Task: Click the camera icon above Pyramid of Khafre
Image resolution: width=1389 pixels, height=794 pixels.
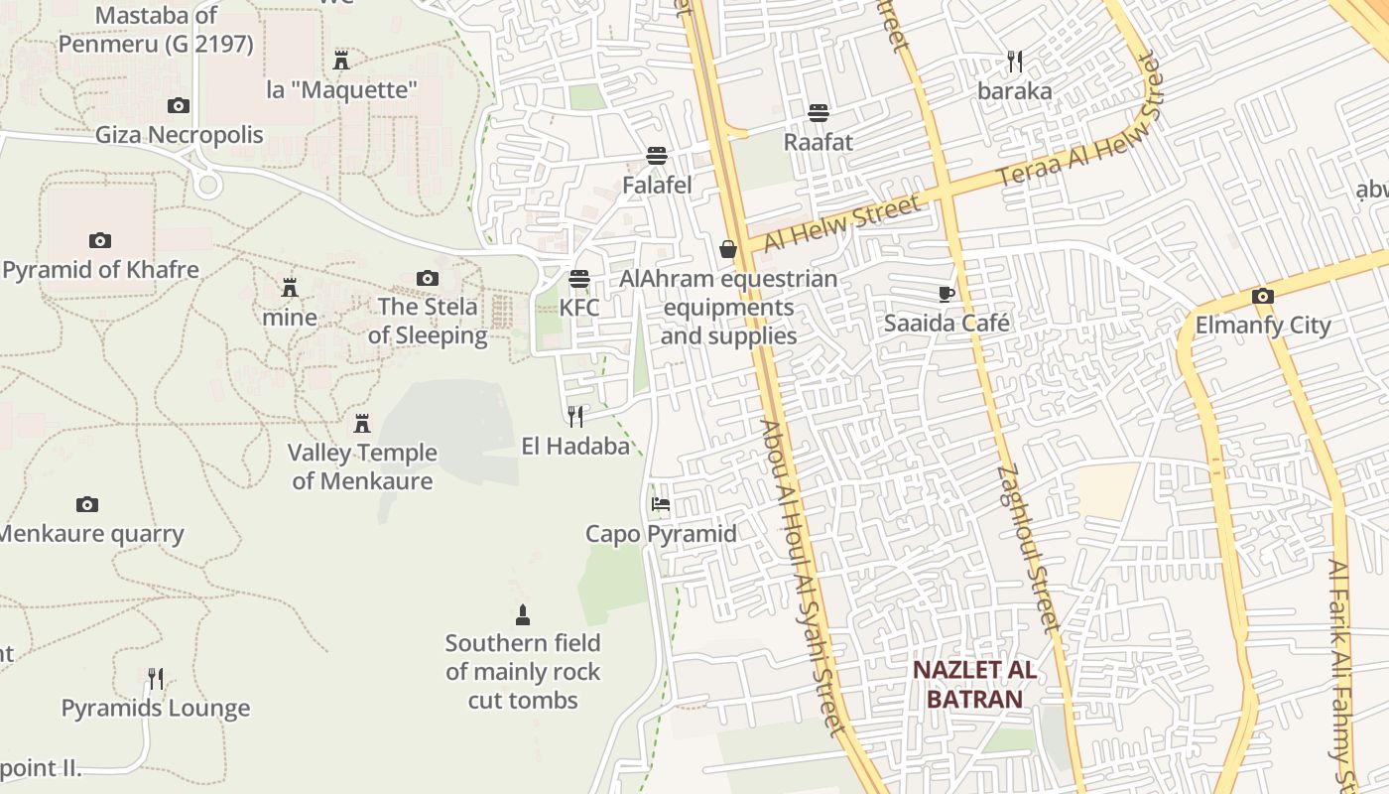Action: pyautogui.click(x=99, y=240)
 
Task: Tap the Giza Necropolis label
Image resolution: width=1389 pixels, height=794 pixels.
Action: pyautogui.click(x=180, y=134)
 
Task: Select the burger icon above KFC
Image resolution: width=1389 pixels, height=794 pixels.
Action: pyautogui.click(x=579, y=279)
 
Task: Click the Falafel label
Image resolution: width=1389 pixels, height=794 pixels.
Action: pyautogui.click(x=657, y=185)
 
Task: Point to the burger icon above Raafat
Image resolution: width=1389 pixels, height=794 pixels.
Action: pyautogui.click(x=819, y=113)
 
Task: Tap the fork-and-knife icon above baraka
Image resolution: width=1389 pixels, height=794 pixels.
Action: pyautogui.click(x=1014, y=62)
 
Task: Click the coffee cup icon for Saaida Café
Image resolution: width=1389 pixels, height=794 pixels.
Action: pyautogui.click(x=947, y=294)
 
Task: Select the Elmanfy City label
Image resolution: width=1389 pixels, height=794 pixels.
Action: pyautogui.click(x=1262, y=326)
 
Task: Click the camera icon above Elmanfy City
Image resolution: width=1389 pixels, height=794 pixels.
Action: pyautogui.click(x=1263, y=296)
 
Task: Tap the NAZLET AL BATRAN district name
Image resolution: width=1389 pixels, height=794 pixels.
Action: pyautogui.click(x=974, y=684)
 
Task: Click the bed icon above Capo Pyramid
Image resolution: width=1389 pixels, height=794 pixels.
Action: pyautogui.click(x=661, y=504)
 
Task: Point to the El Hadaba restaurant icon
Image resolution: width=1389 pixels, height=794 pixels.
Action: pyautogui.click(x=575, y=416)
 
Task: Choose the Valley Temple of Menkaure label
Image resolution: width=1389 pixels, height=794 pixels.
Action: pyautogui.click(x=362, y=466)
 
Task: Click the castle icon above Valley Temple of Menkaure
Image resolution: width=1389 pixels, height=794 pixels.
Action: pyautogui.click(x=362, y=424)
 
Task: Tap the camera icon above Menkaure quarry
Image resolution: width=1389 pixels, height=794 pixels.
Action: pyautogui.click(x=87, y=504)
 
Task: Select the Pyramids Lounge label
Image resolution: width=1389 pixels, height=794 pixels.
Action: pyautogui.click(x=156, y=708)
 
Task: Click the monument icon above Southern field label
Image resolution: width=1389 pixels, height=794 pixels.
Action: pyautogui.click(x=523, y=614)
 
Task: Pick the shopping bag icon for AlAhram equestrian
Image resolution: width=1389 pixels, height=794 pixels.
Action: pyautogui.click(x=728, y=249)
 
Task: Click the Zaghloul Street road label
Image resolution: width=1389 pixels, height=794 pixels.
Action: pyautogui.click(x=1030, y=548)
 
